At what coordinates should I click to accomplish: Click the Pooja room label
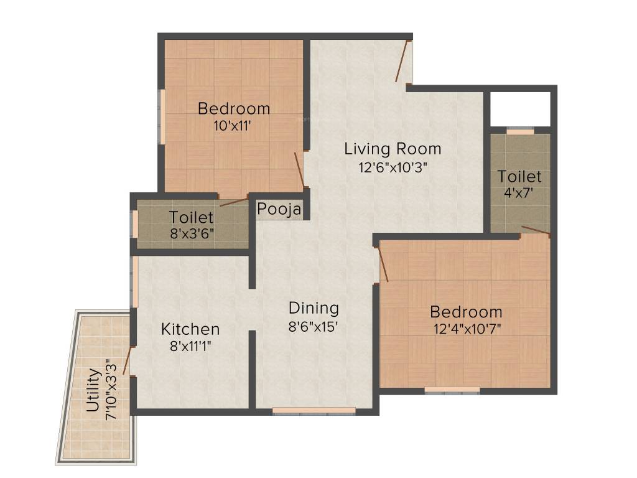pos(279,209)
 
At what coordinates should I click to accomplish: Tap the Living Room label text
pos(393,149)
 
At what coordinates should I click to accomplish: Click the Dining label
pos(314,308)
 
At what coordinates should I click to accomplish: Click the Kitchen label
pos(190,329)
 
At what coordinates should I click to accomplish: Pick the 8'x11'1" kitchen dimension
pos(190,346)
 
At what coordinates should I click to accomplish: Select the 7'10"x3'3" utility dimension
pos(112,390)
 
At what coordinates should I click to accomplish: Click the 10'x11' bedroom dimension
pos(233,125)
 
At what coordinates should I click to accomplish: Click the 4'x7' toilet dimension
pos(519,193)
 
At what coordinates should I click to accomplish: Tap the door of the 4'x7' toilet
pos(535,231)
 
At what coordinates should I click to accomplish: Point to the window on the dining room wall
pos(314,411)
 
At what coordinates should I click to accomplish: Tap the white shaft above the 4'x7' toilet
pos(519,109)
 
